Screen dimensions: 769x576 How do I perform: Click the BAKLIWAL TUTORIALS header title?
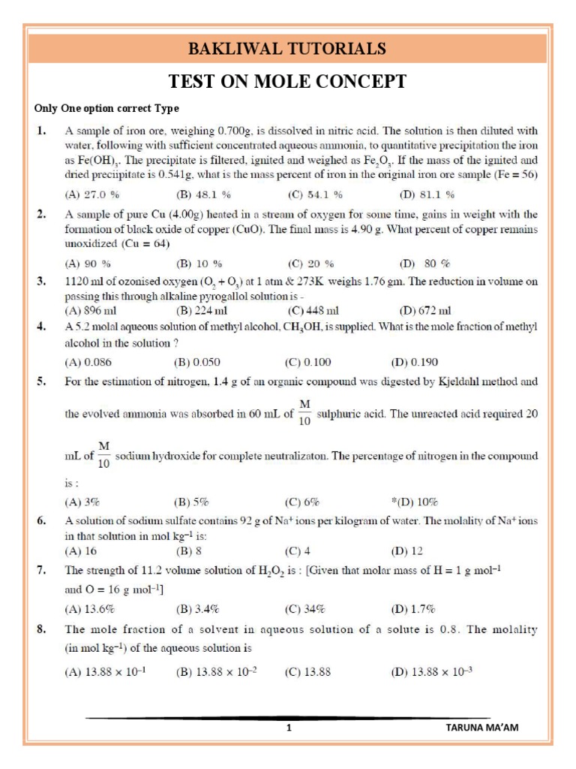point(287,50)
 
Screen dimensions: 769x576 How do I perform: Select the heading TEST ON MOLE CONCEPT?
point(287,82)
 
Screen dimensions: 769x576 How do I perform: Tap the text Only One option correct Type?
point(106,109)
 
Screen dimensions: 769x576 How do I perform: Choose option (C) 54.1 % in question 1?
point(315,194)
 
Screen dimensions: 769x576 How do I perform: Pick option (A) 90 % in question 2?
point(88,264)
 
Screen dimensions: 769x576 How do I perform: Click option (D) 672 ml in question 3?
point(425,310)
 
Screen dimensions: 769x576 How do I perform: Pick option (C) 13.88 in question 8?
point(307,672)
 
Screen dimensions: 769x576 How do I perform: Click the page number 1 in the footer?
point(288,728)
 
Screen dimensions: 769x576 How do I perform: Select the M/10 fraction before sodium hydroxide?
point(104,456)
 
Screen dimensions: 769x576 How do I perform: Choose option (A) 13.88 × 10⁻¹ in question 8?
point(105,672)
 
